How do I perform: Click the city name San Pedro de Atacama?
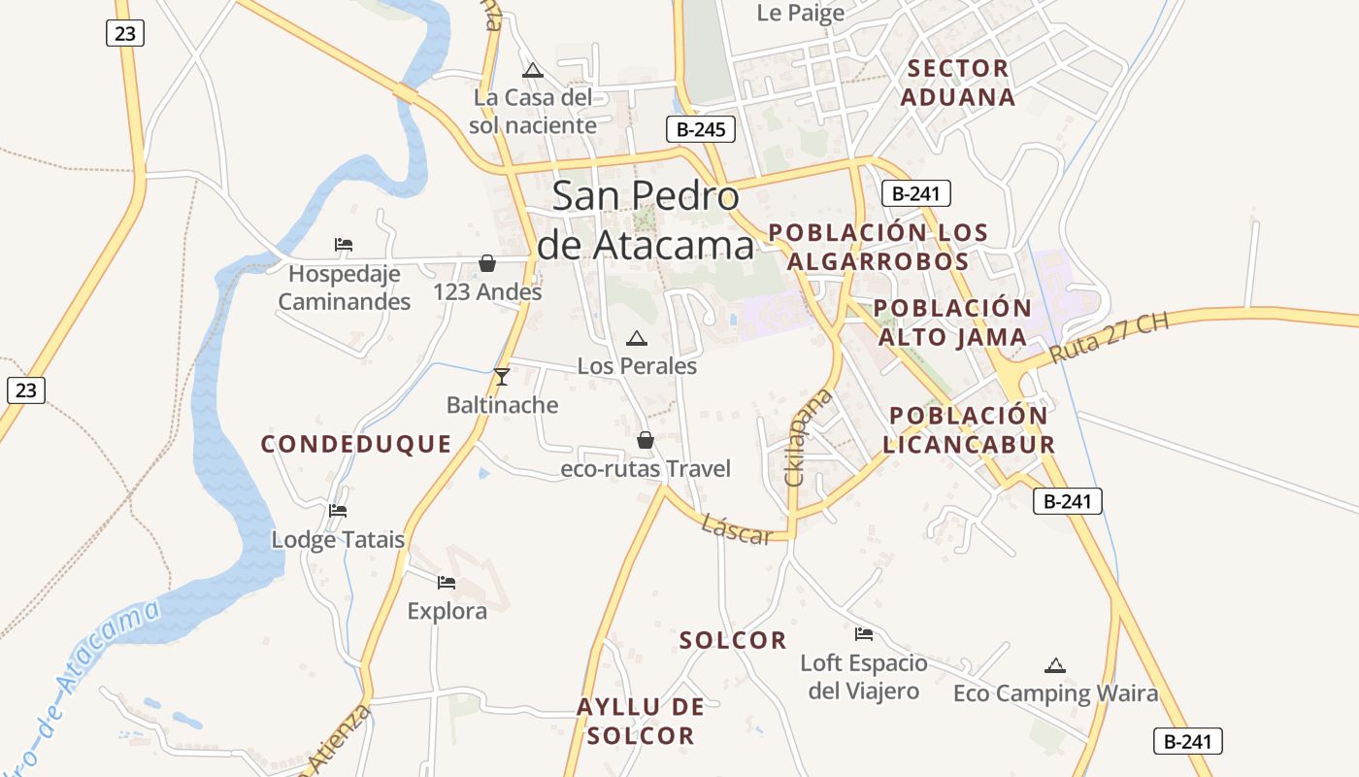[646, 220]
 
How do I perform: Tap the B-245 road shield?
[700, 129]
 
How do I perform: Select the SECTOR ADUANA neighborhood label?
[957, 83]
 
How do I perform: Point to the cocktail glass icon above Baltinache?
[502, 377]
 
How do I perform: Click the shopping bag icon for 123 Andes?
[487, 264]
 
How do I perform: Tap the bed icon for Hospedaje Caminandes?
[344, 245]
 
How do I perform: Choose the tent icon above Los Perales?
[637, 339]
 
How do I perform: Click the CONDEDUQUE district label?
[356, 444]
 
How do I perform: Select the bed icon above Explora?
[447, 583]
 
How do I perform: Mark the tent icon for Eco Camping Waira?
[1055, 665]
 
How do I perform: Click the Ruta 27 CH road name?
[1110, 338]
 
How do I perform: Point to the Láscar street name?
[737, 529]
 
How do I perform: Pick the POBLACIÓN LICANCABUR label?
[969, 429]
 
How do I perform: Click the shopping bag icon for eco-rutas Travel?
[646, 441]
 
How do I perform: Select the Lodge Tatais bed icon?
[338, 511]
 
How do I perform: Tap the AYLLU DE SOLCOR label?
[641, 721]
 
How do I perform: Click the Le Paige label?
[800, 13]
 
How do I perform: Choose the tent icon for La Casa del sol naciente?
[532, 70]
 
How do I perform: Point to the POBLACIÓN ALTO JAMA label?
[952, 322]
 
